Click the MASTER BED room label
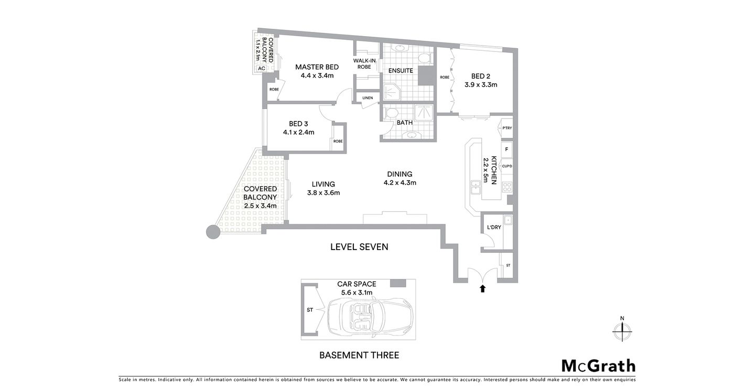click(x=317, y=67)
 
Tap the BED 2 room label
click(x=481, y=75)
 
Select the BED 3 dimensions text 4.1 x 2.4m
click(x=298, y=132)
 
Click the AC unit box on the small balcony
click(x=261, y=68)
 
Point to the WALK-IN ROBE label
click(x=365, y=64)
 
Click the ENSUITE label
click(x=400, y=70)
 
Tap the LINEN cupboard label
click(x=367, y=98)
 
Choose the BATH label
click(x=404, y=123)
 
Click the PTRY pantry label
click(x=506, y=128)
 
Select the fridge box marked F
click(x=506, y=149)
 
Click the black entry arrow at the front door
click(x=482, y=288)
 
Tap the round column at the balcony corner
click(x=212, y=232)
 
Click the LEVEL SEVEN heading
click(x=359, y=247)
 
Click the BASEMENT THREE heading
click(x=359, y=355)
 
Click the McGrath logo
click(x=598, y=366)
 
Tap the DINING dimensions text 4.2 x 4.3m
click(x=400, y=183)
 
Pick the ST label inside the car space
click(x=309, y=310)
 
